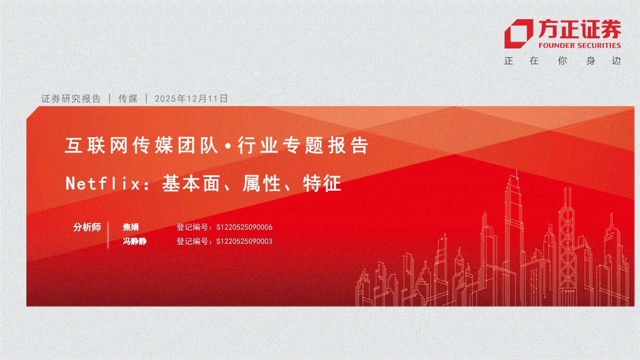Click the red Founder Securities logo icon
click(x=519, y=34)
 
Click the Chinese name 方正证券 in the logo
click(x=580, y=29)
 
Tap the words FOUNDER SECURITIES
click(x=580, y=46)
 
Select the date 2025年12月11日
click(x=191, y=98)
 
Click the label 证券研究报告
click(x=71, y=98)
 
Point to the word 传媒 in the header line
click(x=128, y=98)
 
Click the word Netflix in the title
click(x=103, y=183)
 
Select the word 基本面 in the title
click(x=191, y=183)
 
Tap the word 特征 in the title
click(x=322, y=183)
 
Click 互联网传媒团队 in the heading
click(x=142, y=145)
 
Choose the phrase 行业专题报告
click(x=303, y=145)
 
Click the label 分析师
click(x=87, y=227)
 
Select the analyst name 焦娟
click(x=131, y=227)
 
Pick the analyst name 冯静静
click(x=135, y=241)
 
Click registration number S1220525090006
click(x=244, y=227)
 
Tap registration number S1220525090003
click(x=244, y=241)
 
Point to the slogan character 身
click(x=591, y=60)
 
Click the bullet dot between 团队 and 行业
click(x=228, y=146)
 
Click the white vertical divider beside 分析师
click(x=109, y=234)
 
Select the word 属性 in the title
click(x=262, y=183)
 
